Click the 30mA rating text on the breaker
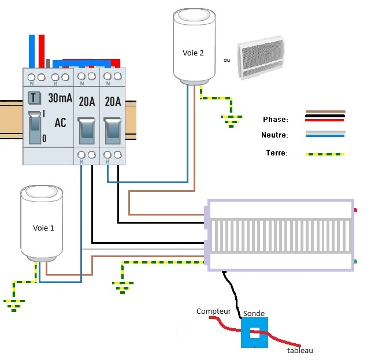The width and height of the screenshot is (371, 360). [x=60, y=98]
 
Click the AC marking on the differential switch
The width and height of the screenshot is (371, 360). [x=60, y=123]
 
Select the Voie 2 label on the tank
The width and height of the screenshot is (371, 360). [x=193, y=53]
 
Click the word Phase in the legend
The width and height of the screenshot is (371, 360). [x=275, y=119]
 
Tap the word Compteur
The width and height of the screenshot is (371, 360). [x=214, y=311]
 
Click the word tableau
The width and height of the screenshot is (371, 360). [x=300, y=350]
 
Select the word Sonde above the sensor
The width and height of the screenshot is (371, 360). [x=254, y=313]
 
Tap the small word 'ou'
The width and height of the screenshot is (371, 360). [x=227, y=60]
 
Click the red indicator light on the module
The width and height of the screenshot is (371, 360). [x=355, y=210]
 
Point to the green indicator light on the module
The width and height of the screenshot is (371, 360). [x=355, y=262]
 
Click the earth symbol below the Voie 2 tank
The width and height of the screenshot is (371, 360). [x=231, y=120]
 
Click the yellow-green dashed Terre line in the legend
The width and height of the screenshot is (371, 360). [x=325, y=154]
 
